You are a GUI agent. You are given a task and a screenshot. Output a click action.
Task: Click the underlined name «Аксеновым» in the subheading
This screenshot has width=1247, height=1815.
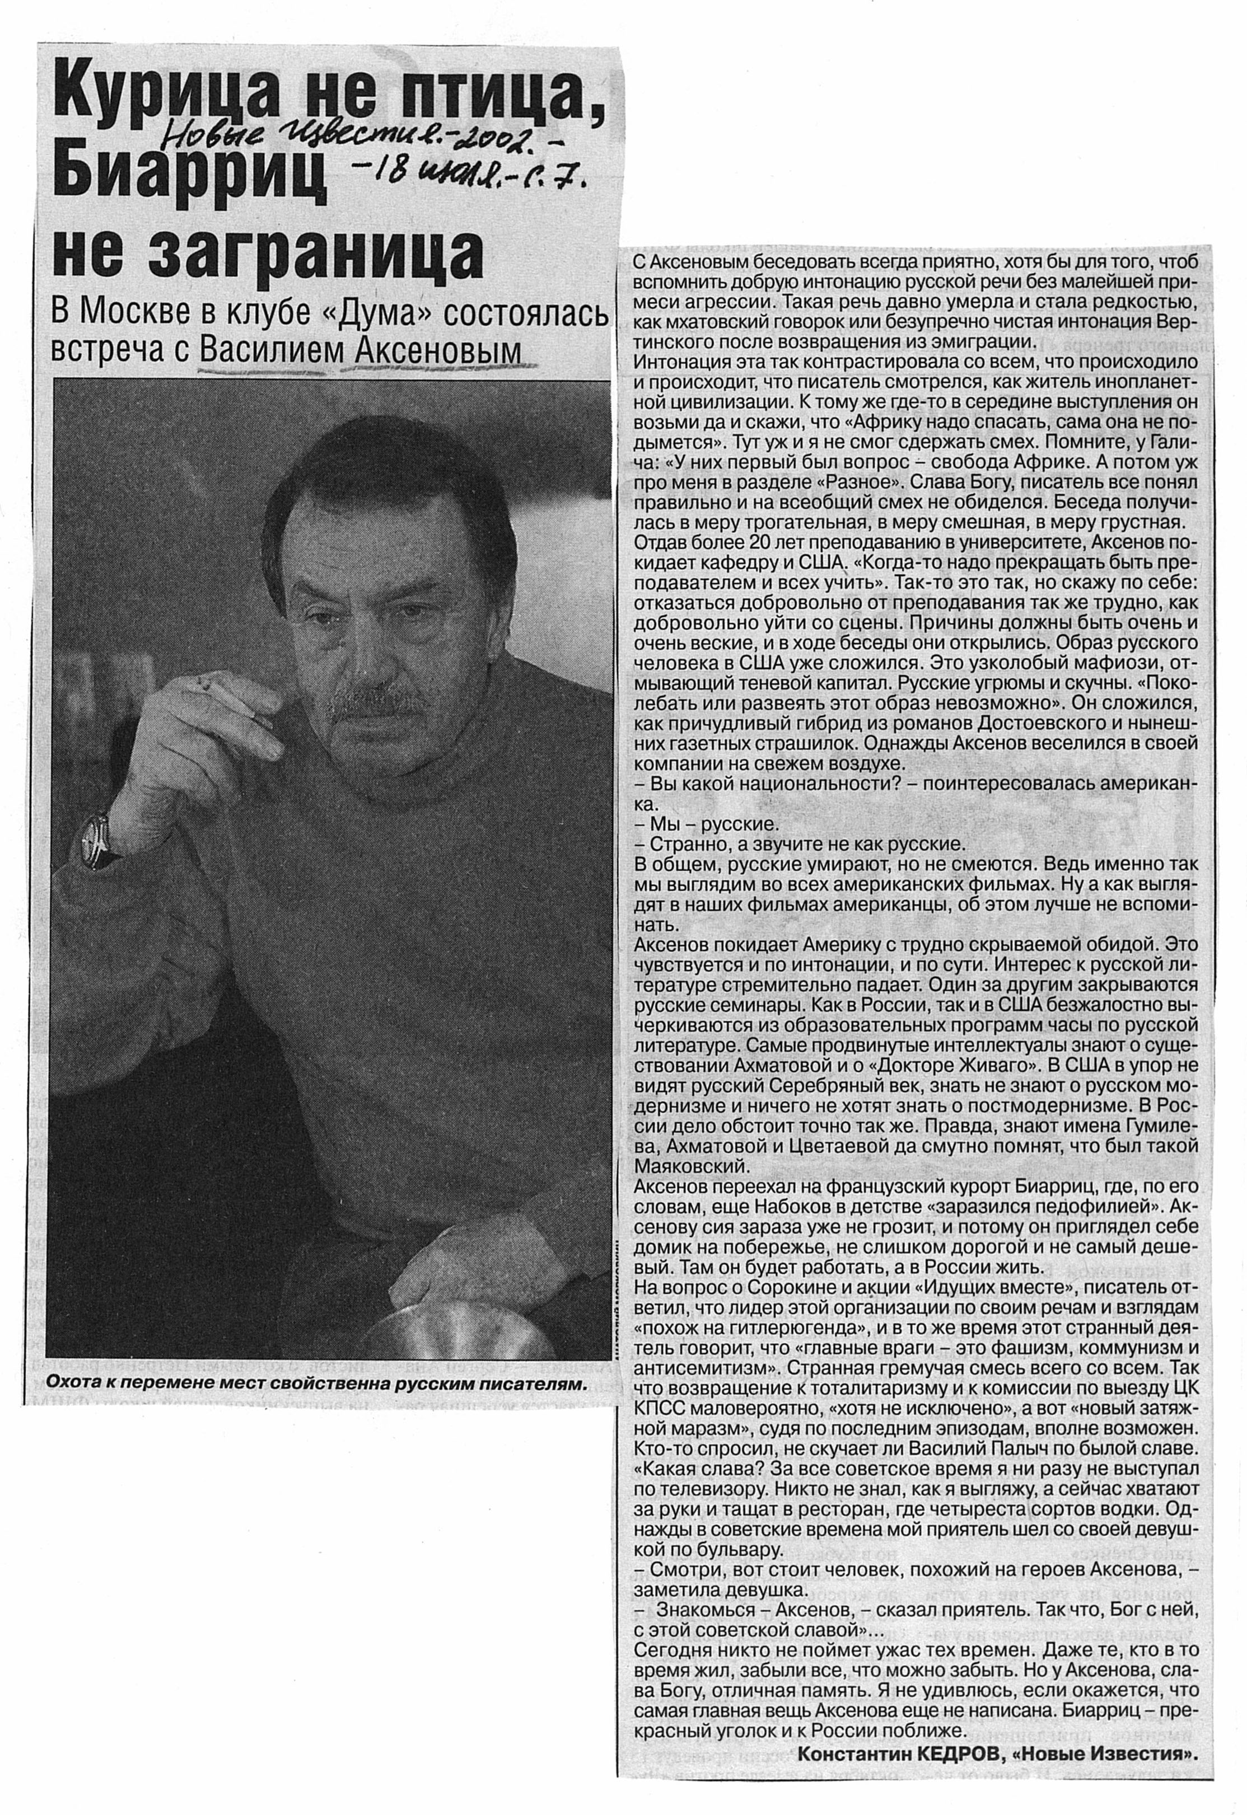(x=437, y=351)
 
